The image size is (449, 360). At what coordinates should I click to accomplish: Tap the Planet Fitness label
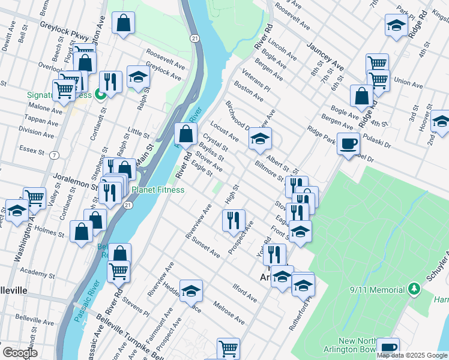point(158,190)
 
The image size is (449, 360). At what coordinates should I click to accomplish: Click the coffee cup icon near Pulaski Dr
point(348,143)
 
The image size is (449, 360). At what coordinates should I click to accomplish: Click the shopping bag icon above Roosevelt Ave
point(123,23)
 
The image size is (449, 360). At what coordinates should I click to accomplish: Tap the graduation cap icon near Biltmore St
point(260,139)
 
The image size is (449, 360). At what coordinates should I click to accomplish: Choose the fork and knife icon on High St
point(234,219)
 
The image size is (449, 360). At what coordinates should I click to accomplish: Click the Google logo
point(20,353)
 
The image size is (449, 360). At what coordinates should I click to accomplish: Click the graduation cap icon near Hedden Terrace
point(191,291)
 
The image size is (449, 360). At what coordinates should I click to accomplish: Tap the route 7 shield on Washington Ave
point(55,155)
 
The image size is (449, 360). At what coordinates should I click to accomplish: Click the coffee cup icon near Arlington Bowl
point(388,347)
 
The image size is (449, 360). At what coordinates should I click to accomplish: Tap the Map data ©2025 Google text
point(411,355)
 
